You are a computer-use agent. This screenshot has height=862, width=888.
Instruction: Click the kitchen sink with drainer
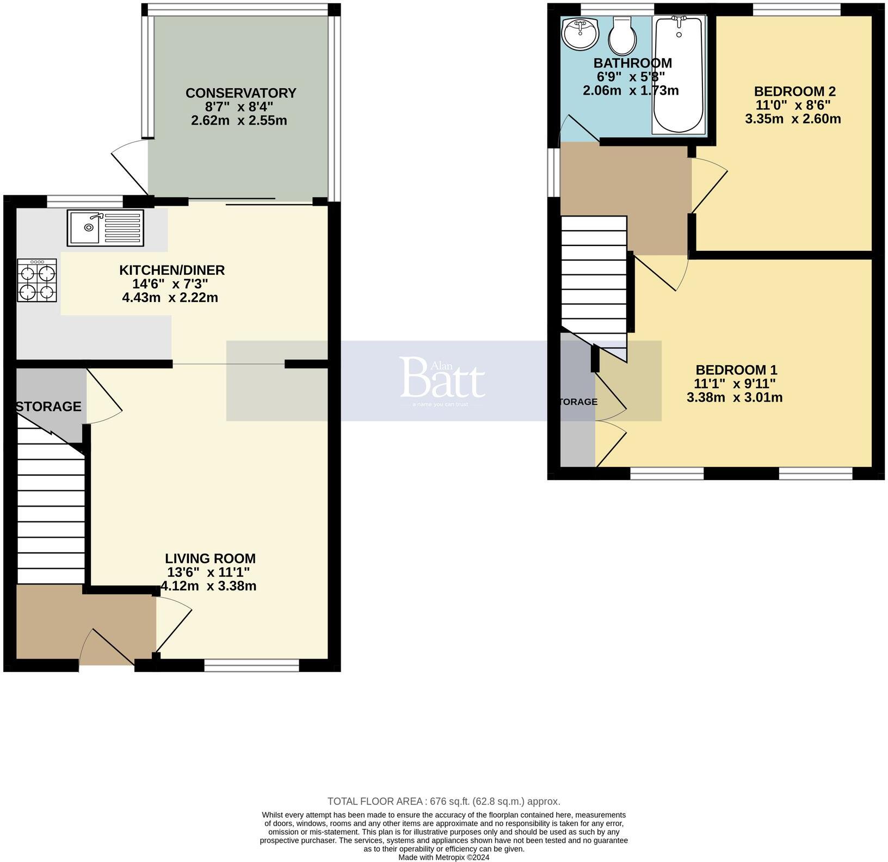(x=106, y=227)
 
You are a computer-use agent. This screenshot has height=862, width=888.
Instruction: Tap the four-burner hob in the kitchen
(x=37, y=280)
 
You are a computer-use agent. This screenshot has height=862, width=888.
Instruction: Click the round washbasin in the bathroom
(x=581, y=34)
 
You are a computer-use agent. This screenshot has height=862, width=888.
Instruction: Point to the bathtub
(x=679, y=74)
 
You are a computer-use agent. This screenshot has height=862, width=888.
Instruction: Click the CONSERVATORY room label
(x=240, y=93)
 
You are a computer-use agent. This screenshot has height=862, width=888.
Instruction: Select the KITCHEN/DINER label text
(x=172, y=270)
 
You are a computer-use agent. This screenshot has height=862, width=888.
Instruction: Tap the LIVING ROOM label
(x=210, y=558)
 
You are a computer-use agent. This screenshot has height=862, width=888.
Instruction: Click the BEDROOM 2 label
(x=794, y=91)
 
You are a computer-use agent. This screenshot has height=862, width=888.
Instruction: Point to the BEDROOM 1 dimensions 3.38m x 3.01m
(x=735, y=398)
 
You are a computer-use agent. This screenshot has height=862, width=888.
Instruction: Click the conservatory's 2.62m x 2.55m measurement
(x=239, y=120)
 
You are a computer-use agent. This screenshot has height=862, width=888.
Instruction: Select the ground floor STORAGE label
(x=48, y=407)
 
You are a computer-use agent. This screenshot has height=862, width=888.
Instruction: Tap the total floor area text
(x=443, y=801)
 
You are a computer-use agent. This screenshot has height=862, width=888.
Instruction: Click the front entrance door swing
(x=109, y=648)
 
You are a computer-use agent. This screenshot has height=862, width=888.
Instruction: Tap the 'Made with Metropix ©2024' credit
(x=443, y=857)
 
